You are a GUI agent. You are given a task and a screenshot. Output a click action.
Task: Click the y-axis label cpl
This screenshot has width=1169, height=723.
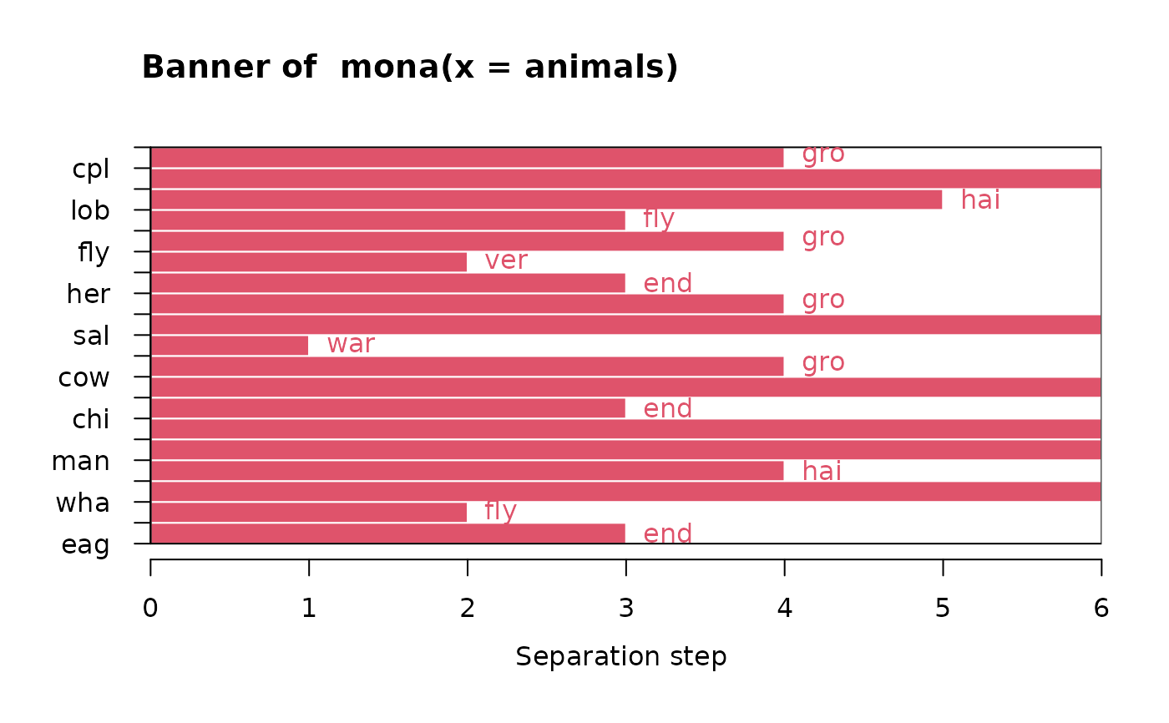click(91, 169)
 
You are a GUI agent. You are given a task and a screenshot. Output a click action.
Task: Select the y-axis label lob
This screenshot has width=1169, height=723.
click(90, 210)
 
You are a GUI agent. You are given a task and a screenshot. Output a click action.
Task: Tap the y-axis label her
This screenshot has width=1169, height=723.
click(89, 294)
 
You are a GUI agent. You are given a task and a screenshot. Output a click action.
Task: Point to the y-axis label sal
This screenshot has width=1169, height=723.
click(91, 336)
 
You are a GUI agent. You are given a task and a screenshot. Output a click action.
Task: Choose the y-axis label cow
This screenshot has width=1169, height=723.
click(83, 377)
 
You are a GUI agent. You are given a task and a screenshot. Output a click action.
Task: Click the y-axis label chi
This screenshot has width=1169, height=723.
click(91, 419)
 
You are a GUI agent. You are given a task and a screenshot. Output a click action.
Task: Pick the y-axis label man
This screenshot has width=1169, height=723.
click(81, 461)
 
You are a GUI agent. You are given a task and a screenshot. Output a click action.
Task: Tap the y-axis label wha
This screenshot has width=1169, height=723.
click(83, 503)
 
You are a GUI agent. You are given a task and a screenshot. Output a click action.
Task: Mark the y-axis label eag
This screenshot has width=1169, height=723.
click(85, 544)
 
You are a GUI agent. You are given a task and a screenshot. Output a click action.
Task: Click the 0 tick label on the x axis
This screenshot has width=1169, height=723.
click(150, 608)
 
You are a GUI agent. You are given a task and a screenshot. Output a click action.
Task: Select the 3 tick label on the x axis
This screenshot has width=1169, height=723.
click(625, 608)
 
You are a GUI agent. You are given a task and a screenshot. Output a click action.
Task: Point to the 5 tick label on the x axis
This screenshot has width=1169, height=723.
click(943, 608)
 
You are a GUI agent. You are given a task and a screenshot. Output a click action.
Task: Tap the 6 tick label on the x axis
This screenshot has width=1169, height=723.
click(1101, 608)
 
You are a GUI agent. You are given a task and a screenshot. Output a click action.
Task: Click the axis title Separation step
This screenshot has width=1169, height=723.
click(621, 656)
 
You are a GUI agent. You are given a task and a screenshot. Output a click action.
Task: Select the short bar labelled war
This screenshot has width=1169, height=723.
click(230, 345)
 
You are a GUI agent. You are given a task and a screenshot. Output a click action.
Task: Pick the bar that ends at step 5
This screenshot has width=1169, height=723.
click(546, 200)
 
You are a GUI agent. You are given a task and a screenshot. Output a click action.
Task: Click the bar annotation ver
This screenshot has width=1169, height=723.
click(506, 260)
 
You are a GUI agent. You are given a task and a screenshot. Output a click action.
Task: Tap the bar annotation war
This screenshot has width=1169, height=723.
click(351, 344)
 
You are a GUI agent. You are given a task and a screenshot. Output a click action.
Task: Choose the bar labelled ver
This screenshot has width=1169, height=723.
click(309, 262)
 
